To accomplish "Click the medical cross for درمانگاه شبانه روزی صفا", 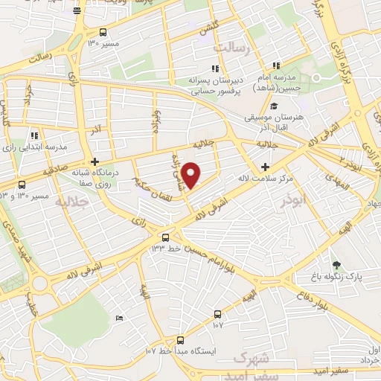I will [94, 161].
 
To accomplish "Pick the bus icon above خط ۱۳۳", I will [165, 237].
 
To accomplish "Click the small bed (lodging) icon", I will [121, 318].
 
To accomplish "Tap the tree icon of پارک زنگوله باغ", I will [336, 264].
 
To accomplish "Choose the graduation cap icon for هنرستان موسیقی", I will [275, 106].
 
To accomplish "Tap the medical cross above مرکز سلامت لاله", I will [266, 166].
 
